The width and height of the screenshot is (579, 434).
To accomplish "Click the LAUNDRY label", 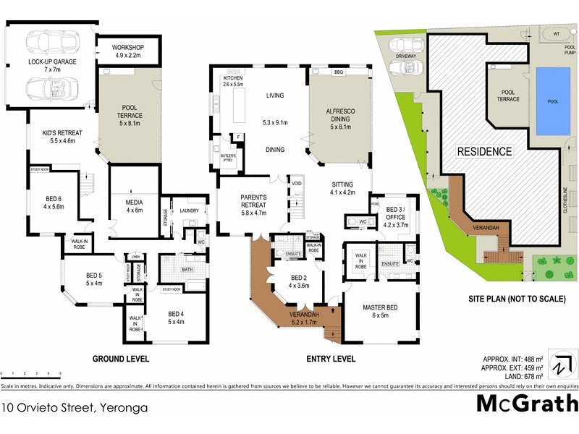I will coord(189,211).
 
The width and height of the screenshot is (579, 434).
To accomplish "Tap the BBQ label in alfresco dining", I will coord(337,72).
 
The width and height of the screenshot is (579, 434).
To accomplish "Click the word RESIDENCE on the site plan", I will coord(484,152).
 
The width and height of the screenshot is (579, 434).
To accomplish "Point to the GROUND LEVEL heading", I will coord(120,359).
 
